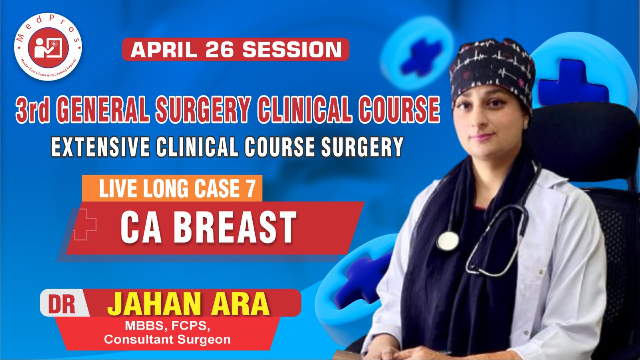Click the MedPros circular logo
48,47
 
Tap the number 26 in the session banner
220,50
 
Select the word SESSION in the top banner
292,50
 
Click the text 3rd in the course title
32,109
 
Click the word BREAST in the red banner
235,228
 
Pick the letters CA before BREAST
141,228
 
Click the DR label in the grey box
62,304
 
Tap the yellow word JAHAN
154,304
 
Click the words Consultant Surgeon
167,340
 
